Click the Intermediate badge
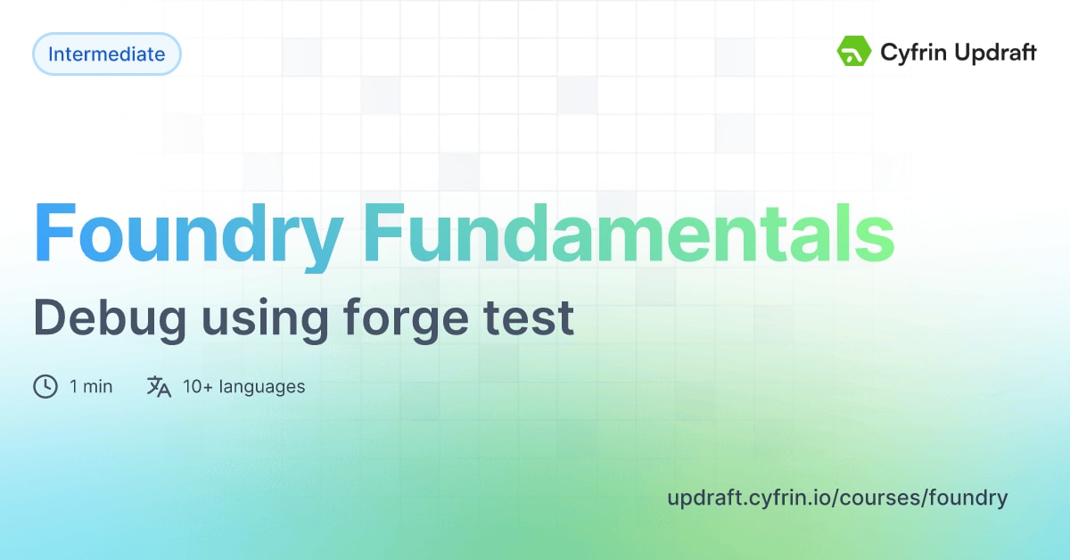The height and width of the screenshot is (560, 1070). (106, 54)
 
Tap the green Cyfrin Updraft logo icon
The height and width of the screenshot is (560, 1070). (853, 52)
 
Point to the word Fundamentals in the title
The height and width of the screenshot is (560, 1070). (629, 233)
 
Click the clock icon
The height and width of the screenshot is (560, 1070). (45, 386)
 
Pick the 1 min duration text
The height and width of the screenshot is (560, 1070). (91, 386)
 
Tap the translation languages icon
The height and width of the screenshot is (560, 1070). (159, 386)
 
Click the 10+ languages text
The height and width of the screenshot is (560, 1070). (243, 386)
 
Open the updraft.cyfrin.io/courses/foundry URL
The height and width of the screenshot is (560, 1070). (837, 498)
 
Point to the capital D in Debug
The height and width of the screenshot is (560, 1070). (49, 318)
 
